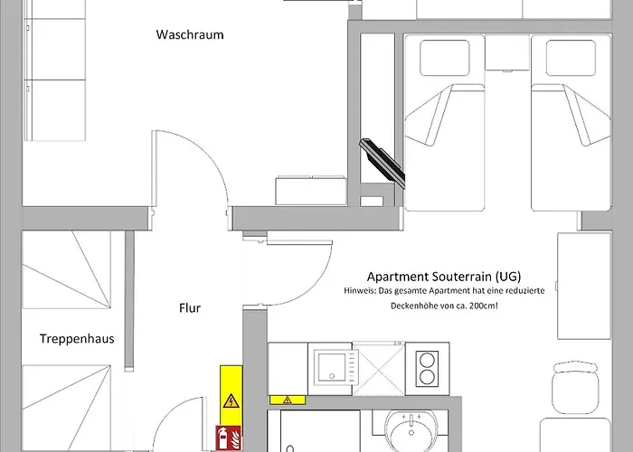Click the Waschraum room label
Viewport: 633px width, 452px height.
(x=190, y=35)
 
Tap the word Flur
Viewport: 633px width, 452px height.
(x=190, y=308)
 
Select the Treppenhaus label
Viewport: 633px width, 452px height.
(x=76, y=340)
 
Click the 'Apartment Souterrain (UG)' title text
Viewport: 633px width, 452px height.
(x=443, y=277)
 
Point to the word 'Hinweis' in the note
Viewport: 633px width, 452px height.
(x=363, y=291)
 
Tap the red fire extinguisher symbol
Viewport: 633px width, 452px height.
(x=223, y=438)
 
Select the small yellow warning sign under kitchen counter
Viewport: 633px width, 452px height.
(x=288, y=400)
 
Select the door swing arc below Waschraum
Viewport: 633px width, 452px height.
(x=210, y=172)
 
